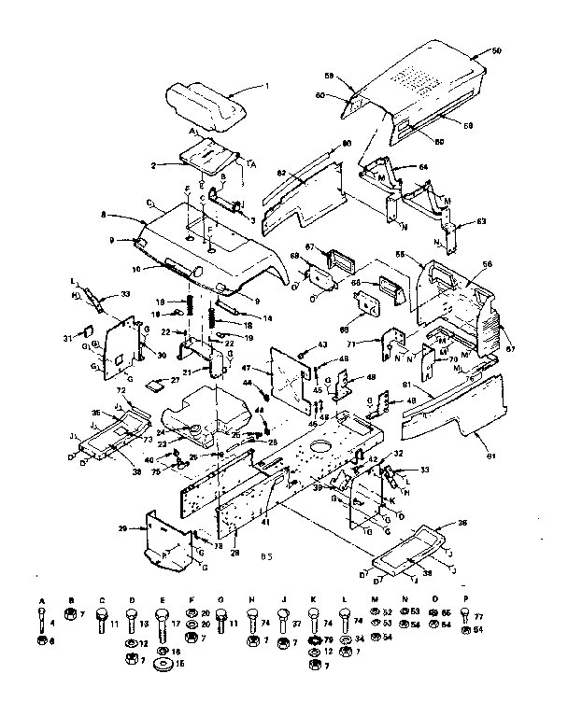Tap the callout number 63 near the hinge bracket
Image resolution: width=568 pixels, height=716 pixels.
[481, 222]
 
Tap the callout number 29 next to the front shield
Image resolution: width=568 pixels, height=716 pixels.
[121, 528]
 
